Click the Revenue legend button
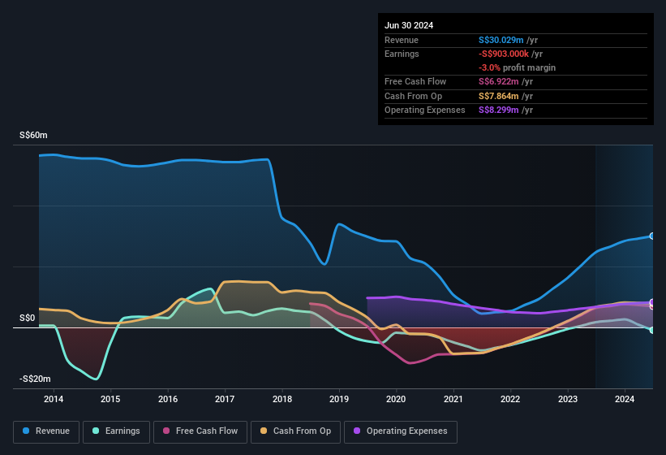(47, 431)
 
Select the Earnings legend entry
(117, 431)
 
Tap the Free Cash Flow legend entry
(200, 431)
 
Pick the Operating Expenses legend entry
(401, 431)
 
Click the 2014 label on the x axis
(54, 399)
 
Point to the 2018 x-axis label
(282, 399)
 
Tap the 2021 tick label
(453, 399)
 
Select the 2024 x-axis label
(625, 399)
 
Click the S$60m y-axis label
(34, 136)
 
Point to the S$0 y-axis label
(28, 318)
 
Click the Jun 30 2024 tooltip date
(409, 25)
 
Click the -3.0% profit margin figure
(488, 67)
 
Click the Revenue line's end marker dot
(652, 236)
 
